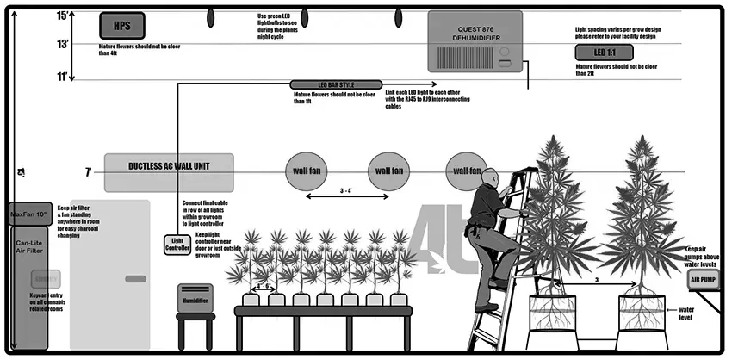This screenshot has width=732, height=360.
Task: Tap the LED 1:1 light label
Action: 605,53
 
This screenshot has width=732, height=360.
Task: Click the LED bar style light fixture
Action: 335,84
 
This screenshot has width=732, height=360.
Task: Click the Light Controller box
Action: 177,245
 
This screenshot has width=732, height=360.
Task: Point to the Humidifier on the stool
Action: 194,297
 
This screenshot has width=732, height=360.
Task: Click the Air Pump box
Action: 702,279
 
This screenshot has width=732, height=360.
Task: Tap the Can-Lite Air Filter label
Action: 29,247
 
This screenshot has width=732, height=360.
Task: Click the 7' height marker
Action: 88,172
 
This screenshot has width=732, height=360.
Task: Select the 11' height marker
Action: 62,77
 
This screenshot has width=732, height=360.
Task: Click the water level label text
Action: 687,316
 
